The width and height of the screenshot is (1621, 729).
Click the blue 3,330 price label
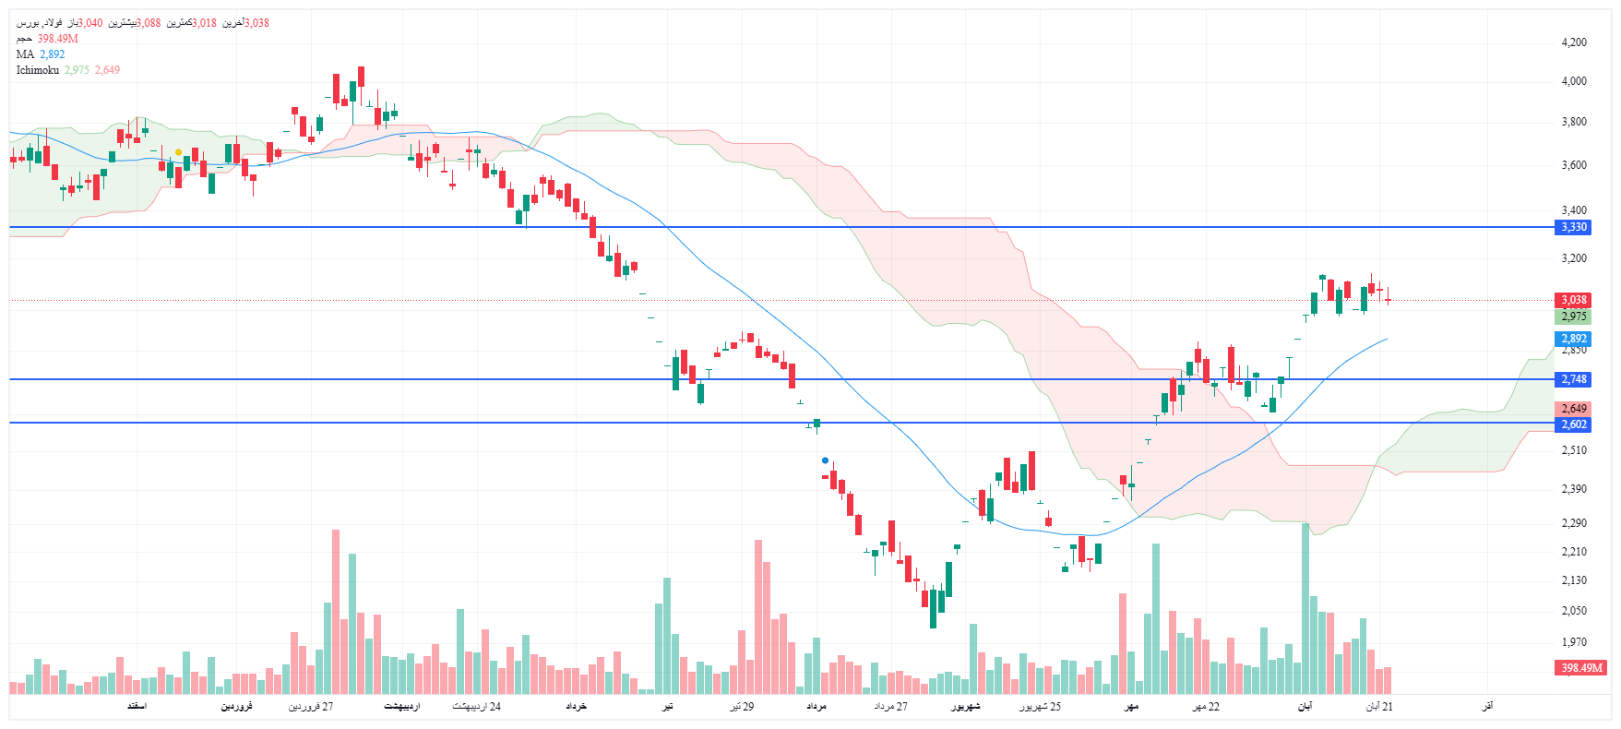[1573, 227]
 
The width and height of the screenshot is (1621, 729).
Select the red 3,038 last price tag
[1573, 300]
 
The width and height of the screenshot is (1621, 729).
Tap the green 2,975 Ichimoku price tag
[1573, 317]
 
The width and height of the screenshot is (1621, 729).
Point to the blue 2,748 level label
[1573, 379]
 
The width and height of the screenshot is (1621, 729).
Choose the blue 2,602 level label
[1573, 424]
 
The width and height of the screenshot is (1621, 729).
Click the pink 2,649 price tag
[1573, 409]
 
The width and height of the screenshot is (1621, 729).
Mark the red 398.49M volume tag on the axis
[1581, 667]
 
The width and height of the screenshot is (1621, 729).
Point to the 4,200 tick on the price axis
[1573, 42]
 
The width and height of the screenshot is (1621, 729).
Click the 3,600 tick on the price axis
[1573, 165]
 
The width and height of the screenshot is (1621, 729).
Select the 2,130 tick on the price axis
[1573, 580]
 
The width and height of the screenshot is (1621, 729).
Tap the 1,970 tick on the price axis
[1573, 642]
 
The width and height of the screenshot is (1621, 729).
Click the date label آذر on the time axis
[1486, 707]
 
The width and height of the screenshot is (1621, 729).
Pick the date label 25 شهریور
[1040, 707]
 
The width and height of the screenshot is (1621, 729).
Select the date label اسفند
[137, 707]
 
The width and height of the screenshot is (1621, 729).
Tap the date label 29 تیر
[742, 707]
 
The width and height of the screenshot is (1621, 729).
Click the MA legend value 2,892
[52, 54]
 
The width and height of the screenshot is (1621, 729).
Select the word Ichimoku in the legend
[38, 70]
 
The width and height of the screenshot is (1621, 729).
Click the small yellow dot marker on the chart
[178, 152]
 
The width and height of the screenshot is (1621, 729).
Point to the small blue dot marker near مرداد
[825, 460]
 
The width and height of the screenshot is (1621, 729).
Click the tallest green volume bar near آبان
[1305, 609]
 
